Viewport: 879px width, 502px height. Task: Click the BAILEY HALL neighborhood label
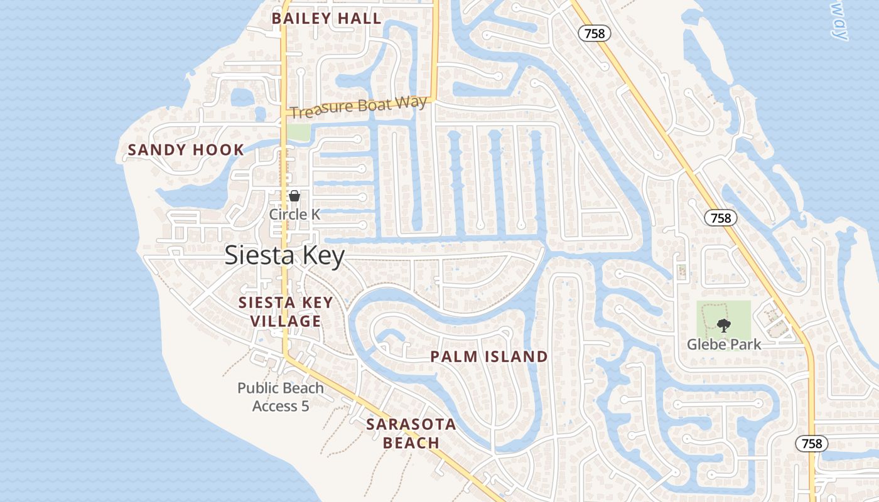click(326, 18)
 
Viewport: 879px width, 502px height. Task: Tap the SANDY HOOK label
click(186, 150)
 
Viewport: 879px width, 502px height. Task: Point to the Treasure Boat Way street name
click(359, 107)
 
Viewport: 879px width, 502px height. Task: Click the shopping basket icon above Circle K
click(294, 196)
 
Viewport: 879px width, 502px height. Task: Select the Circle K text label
click(294, 214)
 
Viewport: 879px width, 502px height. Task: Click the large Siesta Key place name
click(285, 256)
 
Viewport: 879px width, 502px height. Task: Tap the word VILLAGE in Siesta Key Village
click(286, 321)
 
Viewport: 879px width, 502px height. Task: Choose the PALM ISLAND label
click(488, 357)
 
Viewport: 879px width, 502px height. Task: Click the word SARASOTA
click(411, 424)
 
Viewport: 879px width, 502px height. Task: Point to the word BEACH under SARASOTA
click(411, 443)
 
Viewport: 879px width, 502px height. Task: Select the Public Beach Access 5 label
click(281, 397)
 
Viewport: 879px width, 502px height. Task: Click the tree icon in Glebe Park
click(724, 325)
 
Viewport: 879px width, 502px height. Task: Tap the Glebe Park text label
click(724, 344)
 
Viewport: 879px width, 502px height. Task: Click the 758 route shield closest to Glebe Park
click(721, 218)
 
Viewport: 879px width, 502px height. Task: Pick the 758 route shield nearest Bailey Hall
click(594, 33)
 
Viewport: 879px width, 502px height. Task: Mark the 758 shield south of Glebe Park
click(812, 443)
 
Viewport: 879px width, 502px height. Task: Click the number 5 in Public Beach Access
click(305, 406)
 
